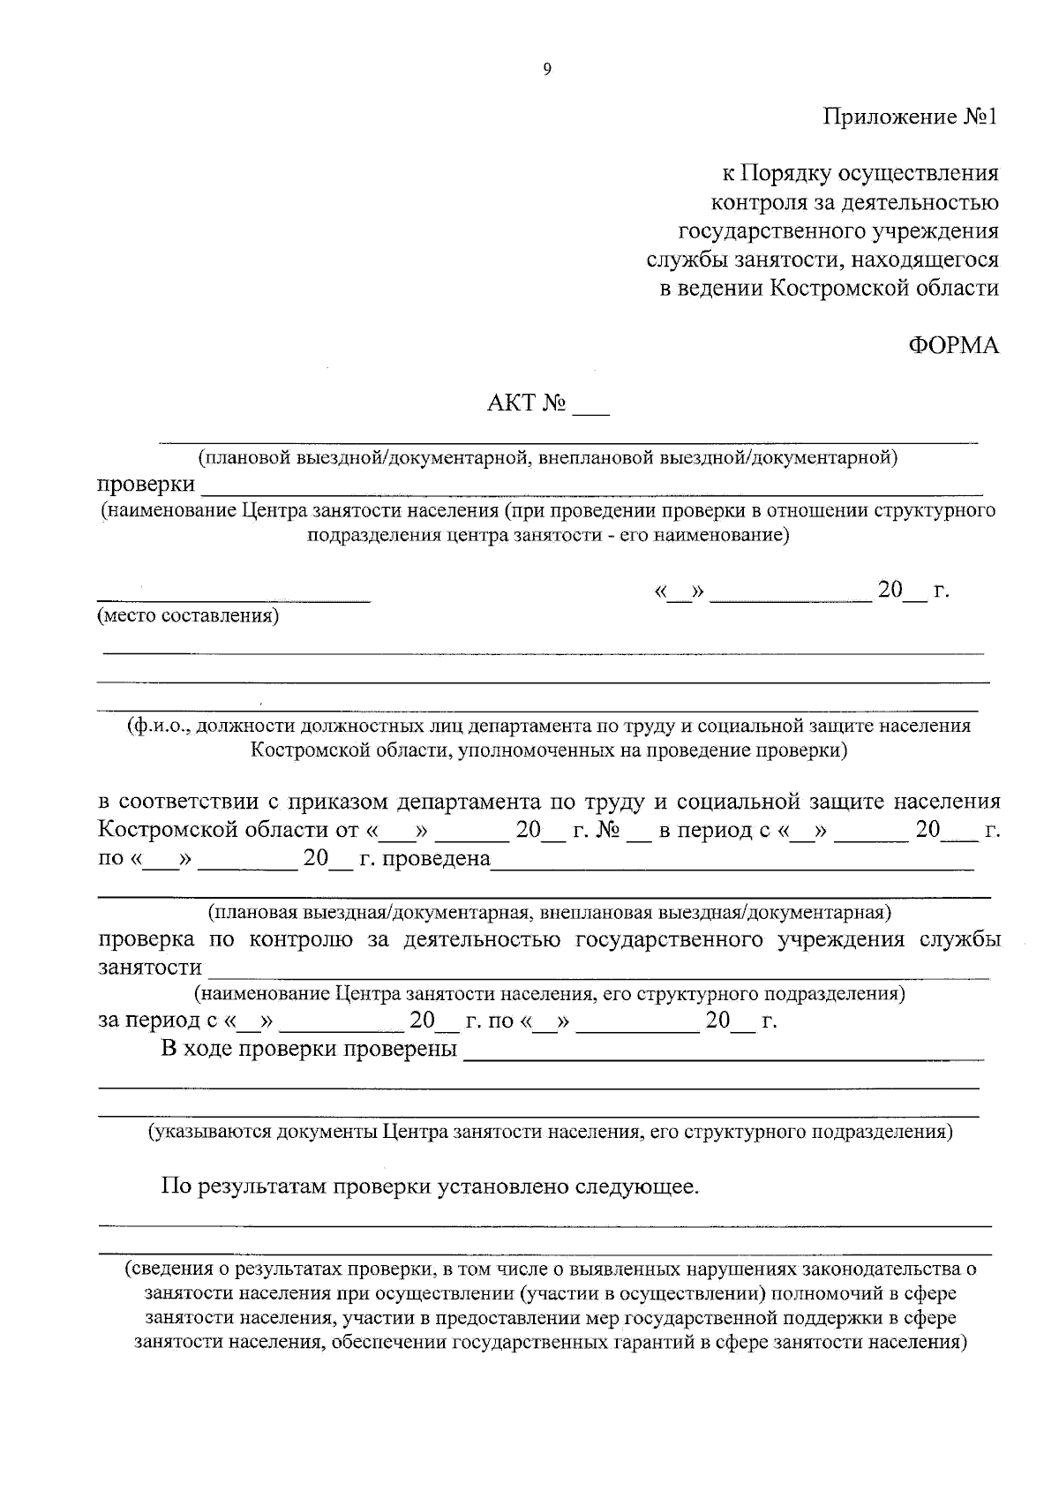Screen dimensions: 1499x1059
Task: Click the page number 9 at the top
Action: click(x=546, y=71)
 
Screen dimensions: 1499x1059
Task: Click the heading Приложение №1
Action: click(x=910, y=117)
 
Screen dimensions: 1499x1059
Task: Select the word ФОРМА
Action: click(x=953, y=345)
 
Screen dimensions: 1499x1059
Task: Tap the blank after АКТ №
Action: click(x=590, y=408)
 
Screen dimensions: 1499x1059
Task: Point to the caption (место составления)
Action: click(x=188, y=615)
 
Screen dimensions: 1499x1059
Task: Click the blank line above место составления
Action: click(x=233, y=597)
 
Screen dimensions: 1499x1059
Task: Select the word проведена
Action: click(x=438, y=858)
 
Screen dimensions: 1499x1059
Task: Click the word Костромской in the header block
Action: click(x=836, y=288)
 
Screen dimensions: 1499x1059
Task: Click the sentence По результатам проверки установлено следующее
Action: click(x=430, y=1186)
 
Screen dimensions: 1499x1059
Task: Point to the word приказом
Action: click(x=332, y=802)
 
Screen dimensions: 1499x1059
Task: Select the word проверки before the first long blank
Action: click(x=146, y=485)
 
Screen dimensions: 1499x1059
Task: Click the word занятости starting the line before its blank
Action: click(x=149, y=967)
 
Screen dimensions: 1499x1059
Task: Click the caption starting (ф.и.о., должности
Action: click(x=547, y=726)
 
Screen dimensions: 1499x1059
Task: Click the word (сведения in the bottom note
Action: click(x=164, y=1269)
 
